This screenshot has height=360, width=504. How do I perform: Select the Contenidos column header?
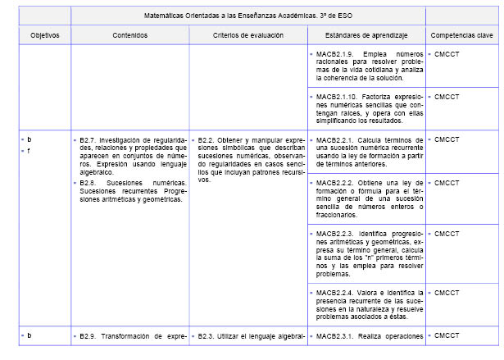tap(129, 36)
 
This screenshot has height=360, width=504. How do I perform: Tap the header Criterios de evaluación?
tap(248, 36)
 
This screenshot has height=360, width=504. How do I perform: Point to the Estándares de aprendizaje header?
tap(366, 36)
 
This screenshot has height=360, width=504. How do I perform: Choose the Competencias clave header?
tap(461, 36)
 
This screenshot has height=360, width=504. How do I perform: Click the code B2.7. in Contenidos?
tap(89, 140)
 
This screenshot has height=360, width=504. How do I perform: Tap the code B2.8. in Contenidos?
tap(89, 183)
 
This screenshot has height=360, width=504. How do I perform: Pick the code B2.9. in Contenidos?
tap(89, 335)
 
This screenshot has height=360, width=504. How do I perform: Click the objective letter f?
tap(30, 151)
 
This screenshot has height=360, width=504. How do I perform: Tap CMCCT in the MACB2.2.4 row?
tap(447, 292)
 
